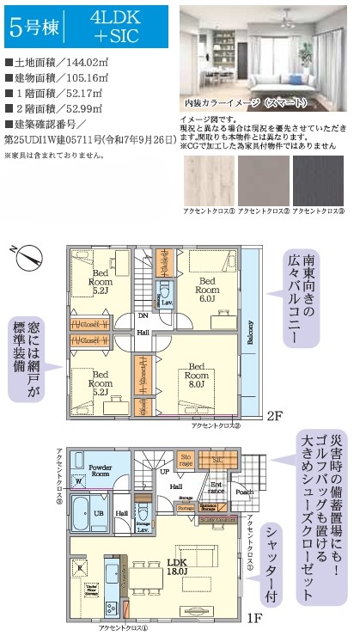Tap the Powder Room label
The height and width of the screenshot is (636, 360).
[102, 469]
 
